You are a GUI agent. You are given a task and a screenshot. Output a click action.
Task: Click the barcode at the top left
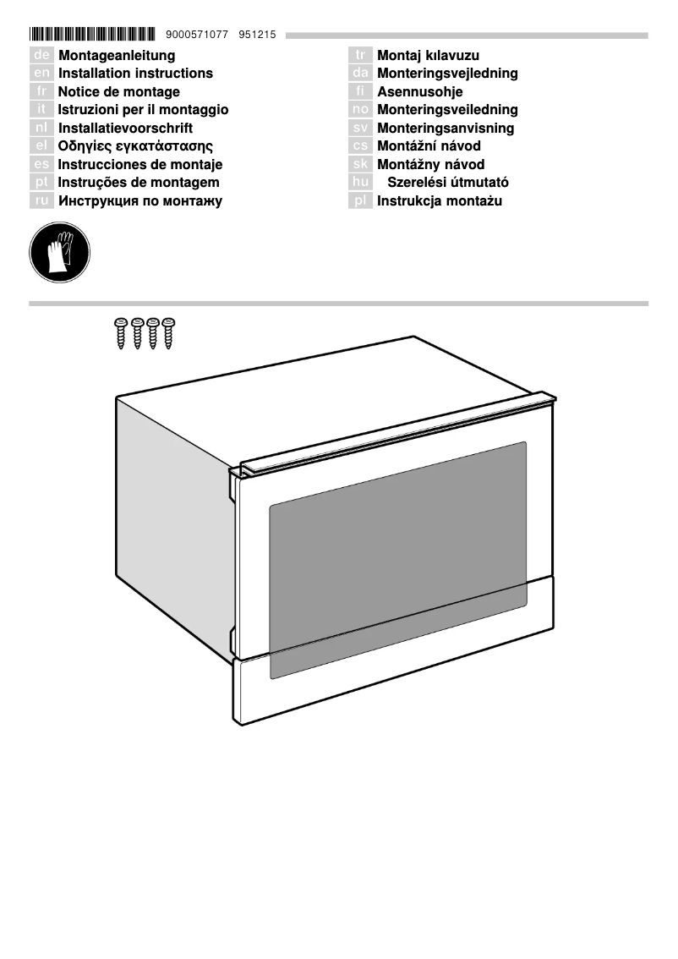(93, 35)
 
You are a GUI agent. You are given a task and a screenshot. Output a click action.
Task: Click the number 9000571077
(198, 35)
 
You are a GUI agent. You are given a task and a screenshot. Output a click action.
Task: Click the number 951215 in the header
(258, 35)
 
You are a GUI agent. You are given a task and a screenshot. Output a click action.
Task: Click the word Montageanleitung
(117, 56)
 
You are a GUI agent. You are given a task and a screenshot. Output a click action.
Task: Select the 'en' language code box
(41, 74)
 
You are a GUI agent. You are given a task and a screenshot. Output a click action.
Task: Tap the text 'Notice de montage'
(118, 92)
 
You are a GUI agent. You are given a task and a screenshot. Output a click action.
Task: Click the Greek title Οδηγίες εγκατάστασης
(135, 146)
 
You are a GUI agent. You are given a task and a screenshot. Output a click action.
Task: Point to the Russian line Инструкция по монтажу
(140, 201)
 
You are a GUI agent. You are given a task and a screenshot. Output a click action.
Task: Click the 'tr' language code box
(361, 56)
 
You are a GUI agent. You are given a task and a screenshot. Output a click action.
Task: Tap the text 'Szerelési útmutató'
(448, 183)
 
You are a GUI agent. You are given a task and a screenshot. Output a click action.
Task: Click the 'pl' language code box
(361, 201)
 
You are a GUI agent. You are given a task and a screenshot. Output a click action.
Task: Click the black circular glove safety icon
(59, 252)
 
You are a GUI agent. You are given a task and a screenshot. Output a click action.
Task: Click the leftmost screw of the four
(121, 332)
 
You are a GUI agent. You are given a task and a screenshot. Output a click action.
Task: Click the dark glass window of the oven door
(397, 558)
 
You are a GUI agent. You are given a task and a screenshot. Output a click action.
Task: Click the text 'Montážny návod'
(430, 165)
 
